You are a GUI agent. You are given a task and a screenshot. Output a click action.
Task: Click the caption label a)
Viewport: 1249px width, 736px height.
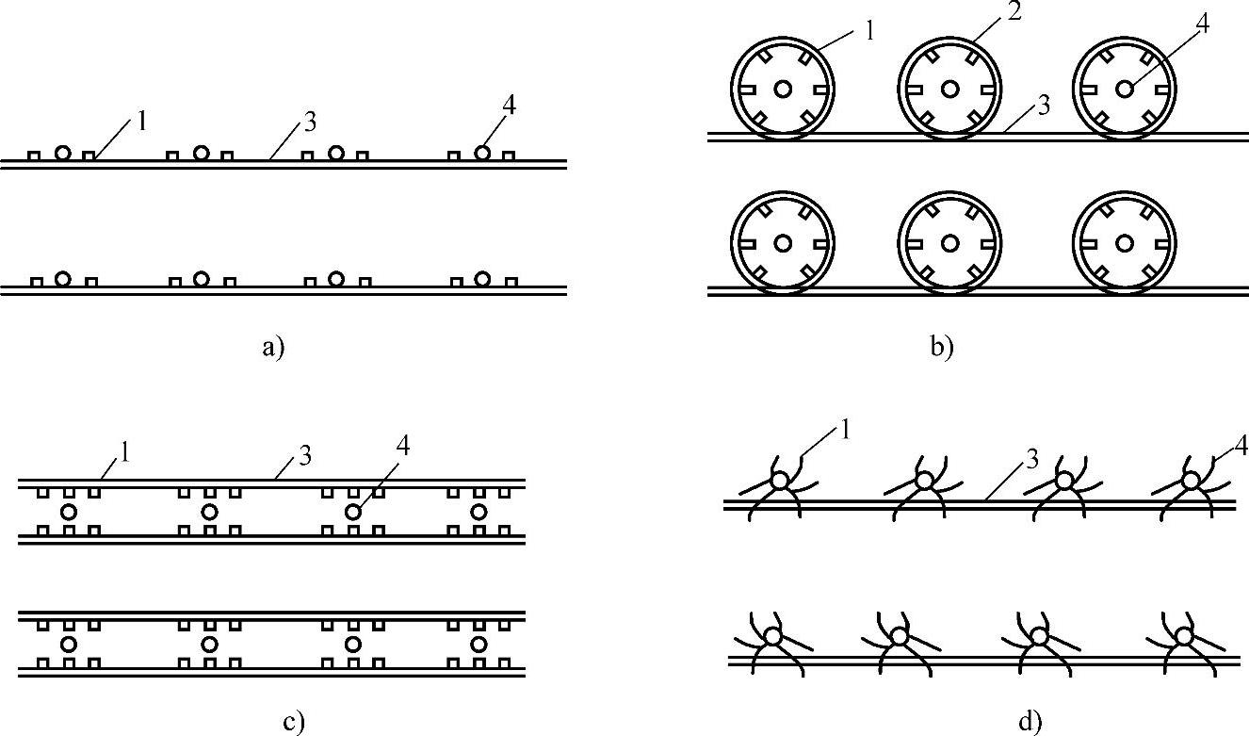(272, 348)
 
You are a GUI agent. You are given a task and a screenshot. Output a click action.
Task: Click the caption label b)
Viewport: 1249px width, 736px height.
(942, 348)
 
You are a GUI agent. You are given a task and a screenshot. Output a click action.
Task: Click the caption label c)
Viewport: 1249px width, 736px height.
(294, 723)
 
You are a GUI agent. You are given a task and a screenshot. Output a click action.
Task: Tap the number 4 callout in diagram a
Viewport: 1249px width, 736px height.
(509, 106)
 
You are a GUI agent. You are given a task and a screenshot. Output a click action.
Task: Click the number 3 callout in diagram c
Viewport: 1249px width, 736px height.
(304, 457)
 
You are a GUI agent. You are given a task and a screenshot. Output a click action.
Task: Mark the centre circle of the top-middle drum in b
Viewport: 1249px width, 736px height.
(949, 89)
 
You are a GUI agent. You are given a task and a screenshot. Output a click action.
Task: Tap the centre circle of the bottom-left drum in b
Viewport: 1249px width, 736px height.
(782, 243)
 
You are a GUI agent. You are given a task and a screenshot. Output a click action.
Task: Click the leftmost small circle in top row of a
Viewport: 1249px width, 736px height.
(62, 152)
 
